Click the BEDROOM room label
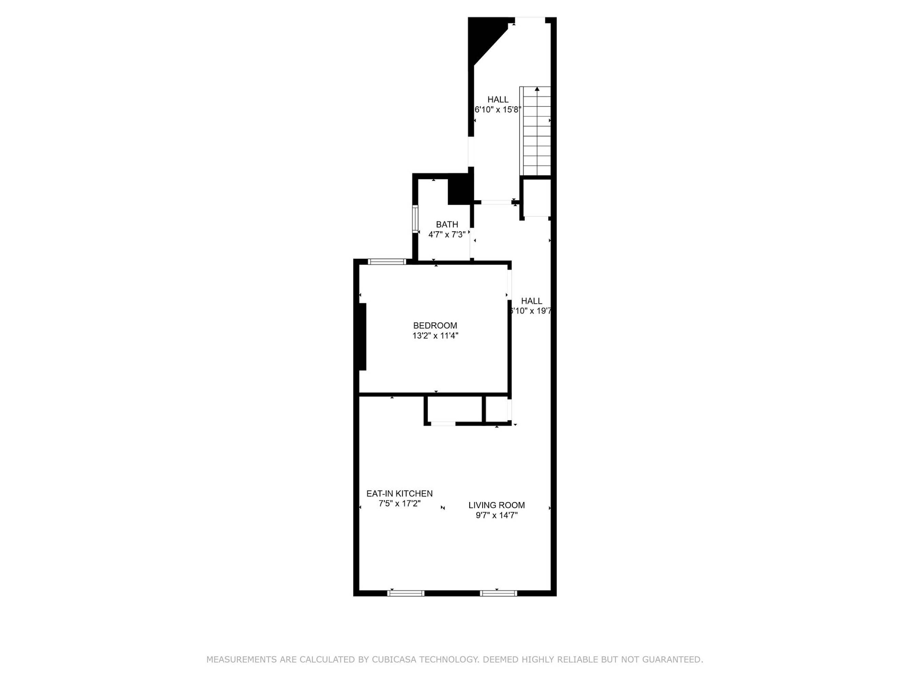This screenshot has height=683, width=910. coord(435,326)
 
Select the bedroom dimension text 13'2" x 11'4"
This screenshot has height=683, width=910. coord(435,336)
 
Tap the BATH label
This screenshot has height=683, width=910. coord(447,225)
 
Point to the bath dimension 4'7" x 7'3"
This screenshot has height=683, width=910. coord(447,235)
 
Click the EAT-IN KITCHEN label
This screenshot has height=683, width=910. coord(400,493)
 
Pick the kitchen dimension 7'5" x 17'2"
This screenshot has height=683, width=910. coord(400,503)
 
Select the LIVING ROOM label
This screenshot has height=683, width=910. coord(496,505)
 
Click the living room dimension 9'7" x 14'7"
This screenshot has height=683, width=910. coord(496,515)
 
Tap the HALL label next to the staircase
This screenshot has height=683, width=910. coord(498,100)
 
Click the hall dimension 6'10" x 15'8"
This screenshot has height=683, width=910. coord(498,110)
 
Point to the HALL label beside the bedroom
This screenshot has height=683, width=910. coord(532,301)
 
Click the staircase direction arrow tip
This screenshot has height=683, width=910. coord(537,87)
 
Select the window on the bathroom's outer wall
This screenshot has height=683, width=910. coord(416,219)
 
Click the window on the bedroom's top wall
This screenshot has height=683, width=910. coord(387,262)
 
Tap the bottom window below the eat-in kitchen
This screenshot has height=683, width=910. coord(406,593)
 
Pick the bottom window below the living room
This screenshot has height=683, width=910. coord(498,593)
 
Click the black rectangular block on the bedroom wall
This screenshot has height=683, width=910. coord(362,337)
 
